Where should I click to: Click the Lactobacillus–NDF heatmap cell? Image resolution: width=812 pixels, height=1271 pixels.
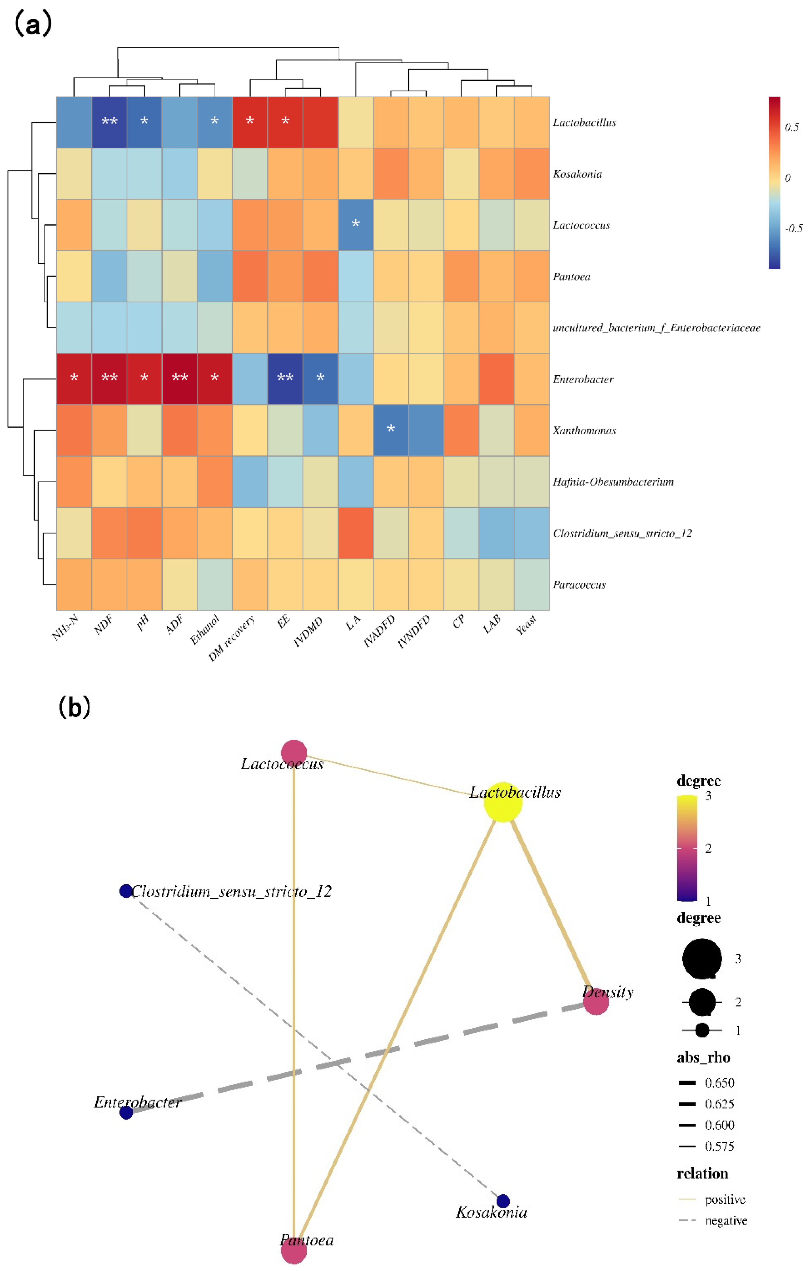point(109,122)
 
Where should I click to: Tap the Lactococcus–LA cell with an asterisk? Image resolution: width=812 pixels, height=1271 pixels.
point(355,224)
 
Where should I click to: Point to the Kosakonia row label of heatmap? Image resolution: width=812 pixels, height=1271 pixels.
point(577,174)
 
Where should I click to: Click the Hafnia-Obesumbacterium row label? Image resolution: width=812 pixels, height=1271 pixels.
point(613,481)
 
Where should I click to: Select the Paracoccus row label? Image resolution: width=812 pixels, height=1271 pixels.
point(579,584)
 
